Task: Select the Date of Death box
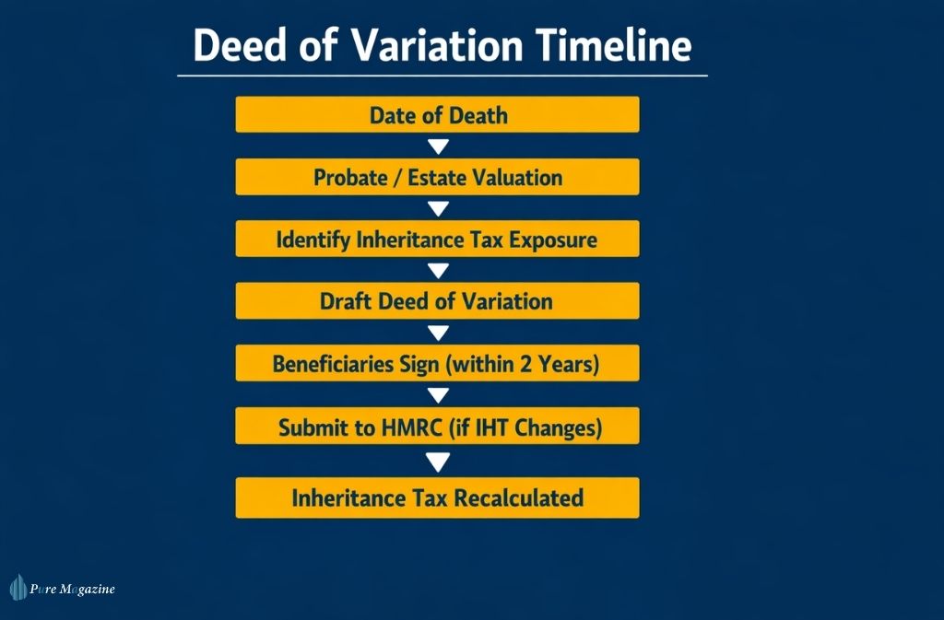pos(437,115)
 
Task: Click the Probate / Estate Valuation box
pos(437,177)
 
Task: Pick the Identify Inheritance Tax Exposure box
pos(437,240)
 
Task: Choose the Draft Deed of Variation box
pos(437,301)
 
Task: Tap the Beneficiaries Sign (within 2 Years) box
pos(437,364)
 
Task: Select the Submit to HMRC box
pos(437,427)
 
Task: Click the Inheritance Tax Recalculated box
pos(437,497)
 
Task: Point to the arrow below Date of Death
pos(439,146)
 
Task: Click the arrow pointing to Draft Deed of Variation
pos(439,270)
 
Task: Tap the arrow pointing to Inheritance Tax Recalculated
pos(439,461)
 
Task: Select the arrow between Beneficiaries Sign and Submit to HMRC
pos(439,395)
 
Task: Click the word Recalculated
pos(521,498)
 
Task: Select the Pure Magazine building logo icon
pos(18,588)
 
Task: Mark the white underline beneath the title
pos(442,75)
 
